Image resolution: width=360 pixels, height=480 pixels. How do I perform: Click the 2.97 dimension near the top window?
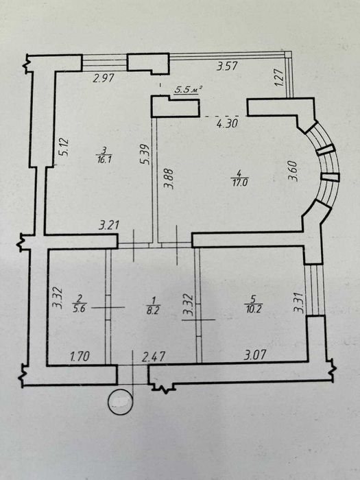104,78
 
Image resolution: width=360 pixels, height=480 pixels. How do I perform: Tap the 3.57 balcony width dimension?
227,66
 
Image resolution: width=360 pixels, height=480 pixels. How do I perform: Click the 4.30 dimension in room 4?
228,123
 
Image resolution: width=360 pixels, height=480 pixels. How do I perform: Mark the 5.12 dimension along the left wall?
66,147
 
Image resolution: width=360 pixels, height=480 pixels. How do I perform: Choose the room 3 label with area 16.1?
104,155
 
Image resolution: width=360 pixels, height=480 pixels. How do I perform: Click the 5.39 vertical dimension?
146,154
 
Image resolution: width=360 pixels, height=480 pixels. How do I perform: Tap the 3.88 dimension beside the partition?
169,179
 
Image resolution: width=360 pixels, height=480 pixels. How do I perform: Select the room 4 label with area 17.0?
240,178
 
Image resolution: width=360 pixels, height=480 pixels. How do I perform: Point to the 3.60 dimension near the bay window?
293,171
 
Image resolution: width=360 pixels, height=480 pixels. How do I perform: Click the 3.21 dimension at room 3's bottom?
109,226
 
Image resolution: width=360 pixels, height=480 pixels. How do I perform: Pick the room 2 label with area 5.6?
79,304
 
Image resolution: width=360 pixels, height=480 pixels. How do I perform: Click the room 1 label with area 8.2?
154,305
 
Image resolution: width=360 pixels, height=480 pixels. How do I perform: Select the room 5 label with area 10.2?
254,304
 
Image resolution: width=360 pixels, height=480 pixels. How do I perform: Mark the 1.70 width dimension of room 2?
80,357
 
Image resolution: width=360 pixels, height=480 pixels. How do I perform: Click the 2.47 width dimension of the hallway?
154,357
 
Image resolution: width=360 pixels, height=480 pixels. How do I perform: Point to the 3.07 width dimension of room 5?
254,355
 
